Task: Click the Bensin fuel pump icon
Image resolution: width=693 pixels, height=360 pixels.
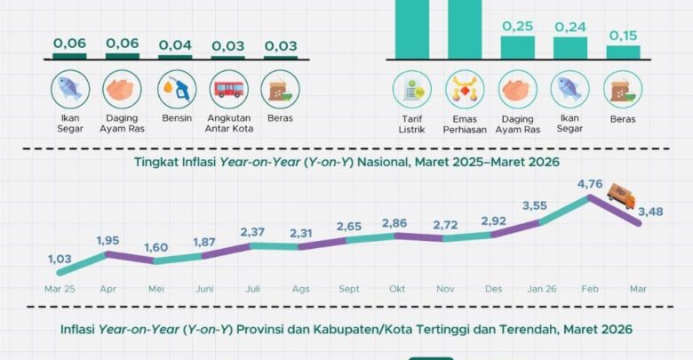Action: [x=175, y=89]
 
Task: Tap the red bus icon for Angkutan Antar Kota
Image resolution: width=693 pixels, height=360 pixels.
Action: [x=227, y=89]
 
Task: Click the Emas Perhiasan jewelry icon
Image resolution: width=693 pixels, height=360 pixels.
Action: [x=465, y=89]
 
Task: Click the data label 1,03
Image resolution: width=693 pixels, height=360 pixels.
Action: [x=60, y=259]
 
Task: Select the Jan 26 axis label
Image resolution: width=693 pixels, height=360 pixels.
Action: [x=541, y=289]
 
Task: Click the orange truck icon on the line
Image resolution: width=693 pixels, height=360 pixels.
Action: [x=620, y=196]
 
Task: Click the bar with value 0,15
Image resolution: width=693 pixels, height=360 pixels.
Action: [x=623, y=52]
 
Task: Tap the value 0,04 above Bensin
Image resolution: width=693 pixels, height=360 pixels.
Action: [x=175, y=43]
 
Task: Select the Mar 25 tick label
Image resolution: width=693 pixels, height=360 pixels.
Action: [x=60, y=289]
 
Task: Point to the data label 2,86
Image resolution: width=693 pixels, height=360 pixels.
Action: [x=394, y=222]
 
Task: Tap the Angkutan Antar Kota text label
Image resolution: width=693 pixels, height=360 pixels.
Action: [x=227, y=124]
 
